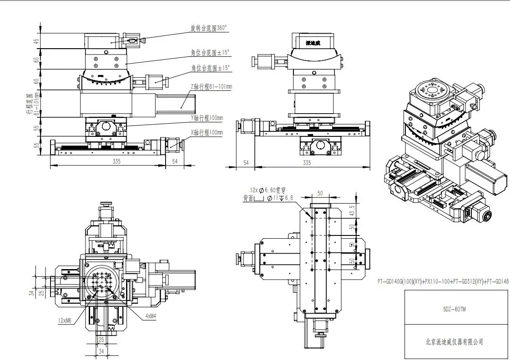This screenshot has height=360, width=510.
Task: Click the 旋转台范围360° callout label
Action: pyautogui.click(x=208, y=29)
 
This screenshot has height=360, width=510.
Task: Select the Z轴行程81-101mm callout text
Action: pyautogui.click(x=211, y=86)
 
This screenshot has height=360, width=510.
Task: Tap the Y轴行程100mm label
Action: pyautogui.click(x=207, y=118)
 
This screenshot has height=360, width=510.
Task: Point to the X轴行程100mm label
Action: pyautogui.click(x=207, y=133)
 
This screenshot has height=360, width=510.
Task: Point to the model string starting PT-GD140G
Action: pyautogui.click(x=443, y=282)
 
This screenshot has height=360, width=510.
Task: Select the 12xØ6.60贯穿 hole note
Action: pyautogui.click(x=268, y=190)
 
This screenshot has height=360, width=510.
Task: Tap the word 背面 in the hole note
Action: pyautogui.click(x=249, y=198)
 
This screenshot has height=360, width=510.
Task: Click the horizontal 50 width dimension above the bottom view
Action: pyautogui.click(x=320, y=194)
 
